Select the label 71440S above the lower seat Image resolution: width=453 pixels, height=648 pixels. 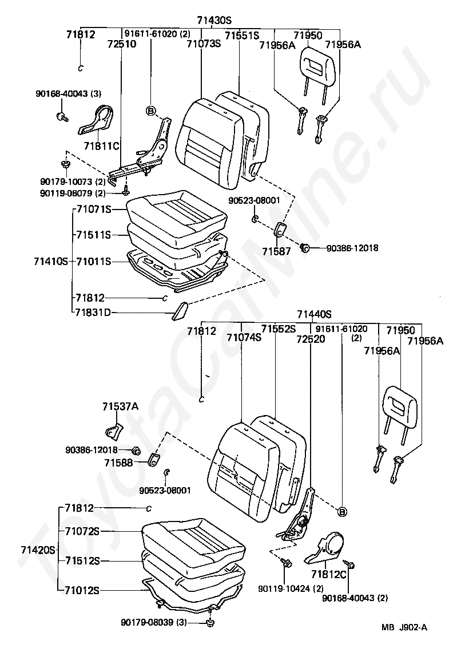pyautogui.click(x=314, y=314)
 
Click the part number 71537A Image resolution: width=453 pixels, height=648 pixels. pyautogui.click(x=120, y=406)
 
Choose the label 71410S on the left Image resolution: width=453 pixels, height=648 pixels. pyautogui.click(x=51, y=261)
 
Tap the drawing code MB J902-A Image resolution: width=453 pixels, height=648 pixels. pyautogui.click(x=404, y=627)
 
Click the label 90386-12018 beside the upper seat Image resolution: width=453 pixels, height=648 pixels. pyautogui.click(x=352, y=248)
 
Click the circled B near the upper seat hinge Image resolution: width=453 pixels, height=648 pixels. pyautogui.click(x=151, y=110)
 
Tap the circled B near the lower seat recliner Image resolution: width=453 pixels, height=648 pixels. pyautogui.click(x=342, y=511)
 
